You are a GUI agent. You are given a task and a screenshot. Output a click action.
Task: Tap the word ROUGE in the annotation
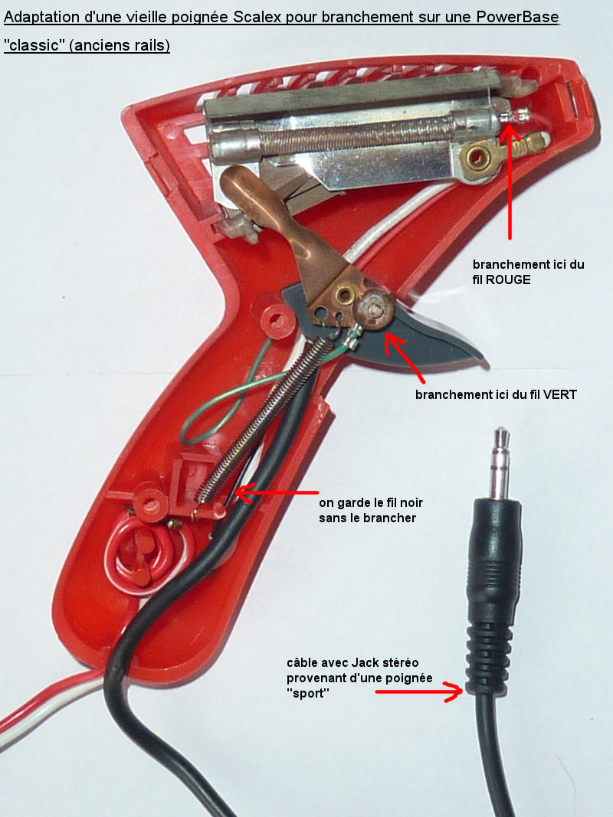(508, 279)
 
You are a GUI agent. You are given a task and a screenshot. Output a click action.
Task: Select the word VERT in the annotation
(560, 395)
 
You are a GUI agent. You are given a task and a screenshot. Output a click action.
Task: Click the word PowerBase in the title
(518, 17)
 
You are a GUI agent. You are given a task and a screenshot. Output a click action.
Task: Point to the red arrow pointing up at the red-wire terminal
(510, 181)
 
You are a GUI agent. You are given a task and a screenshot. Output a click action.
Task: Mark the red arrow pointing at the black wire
(277, 493)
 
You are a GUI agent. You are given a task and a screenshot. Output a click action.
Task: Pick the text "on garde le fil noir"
(371, 503)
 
